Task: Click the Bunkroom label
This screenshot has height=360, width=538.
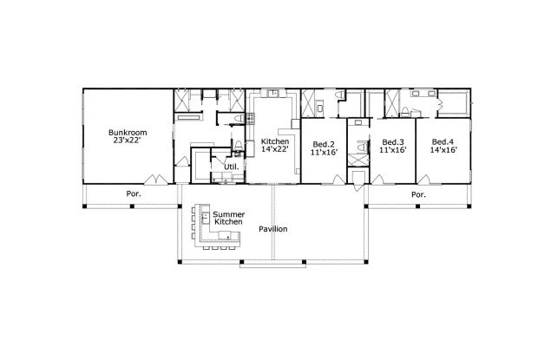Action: (128, 133)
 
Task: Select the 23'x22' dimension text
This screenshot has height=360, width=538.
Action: (128, 141)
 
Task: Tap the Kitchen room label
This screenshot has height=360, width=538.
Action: (274, 141)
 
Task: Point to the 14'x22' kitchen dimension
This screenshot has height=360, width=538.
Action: (274, 149)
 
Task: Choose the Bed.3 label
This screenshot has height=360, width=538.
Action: (392, 141)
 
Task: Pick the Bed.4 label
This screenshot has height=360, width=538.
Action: (443, 141)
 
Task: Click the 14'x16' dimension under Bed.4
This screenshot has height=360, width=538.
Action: (443, 149)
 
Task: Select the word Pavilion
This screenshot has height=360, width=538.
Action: (272, 229)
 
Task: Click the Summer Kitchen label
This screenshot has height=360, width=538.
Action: (227, 218)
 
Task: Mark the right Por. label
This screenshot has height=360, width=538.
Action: (418, 195)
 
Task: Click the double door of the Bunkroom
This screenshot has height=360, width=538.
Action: (157, 180)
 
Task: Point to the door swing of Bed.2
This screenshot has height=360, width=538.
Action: (336, 178)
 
